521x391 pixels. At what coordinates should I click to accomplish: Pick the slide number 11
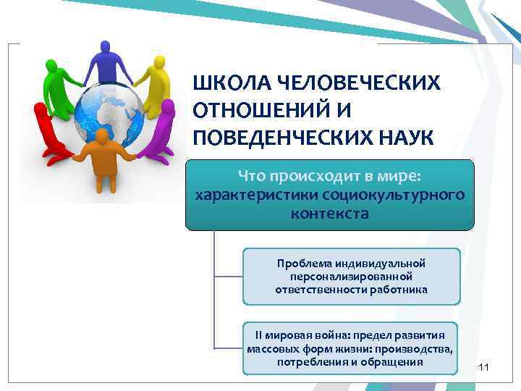[x=484, y=369]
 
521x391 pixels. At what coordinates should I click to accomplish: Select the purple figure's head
[x=167, y=106]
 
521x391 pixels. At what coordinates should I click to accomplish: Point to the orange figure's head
[x=102, y=135]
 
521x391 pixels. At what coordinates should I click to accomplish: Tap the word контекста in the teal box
[x=330, y=214]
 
